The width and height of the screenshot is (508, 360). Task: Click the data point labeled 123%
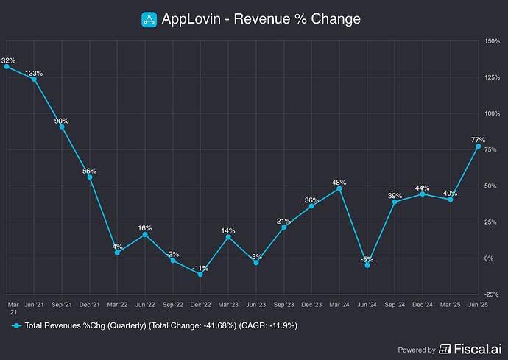[34, 80]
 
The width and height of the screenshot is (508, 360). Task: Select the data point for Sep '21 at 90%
[62, 127]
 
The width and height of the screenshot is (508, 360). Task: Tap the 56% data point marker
[90, 177]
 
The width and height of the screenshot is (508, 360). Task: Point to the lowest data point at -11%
[200, 274]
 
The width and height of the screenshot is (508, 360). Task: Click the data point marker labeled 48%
[339, 188]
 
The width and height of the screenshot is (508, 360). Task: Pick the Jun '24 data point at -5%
[367, 265]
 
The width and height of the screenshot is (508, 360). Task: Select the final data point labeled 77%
[479, 147]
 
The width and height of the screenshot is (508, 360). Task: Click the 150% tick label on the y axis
[493, 41]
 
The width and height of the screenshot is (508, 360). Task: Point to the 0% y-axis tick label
[489, 258]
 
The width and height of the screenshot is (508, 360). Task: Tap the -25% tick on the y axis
[491, 294]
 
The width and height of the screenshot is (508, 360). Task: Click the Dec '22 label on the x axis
[200, 304]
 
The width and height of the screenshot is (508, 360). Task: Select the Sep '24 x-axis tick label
[395, 304]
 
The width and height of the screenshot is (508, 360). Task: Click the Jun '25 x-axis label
[479, 304]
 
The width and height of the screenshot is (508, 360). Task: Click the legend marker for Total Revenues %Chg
[16, 325]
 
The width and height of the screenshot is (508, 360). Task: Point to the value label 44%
[423, 188]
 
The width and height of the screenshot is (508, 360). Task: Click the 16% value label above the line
[145, 228]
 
